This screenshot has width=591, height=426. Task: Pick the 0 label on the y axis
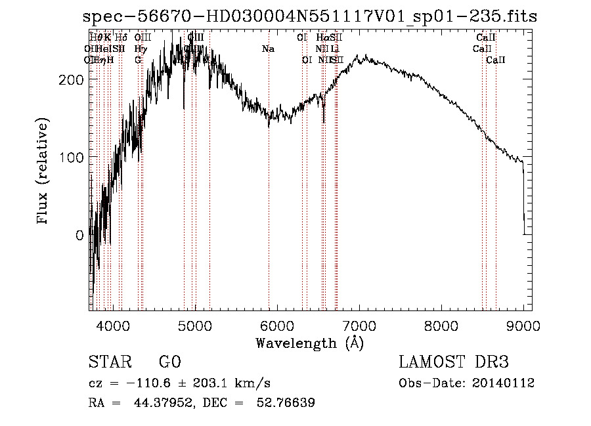[x=79, y=234]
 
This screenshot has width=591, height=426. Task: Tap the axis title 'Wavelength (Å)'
[x=309, y=343]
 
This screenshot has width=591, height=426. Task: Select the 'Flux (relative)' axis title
[x=44, y=172]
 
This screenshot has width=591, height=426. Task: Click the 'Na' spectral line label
[x=268, y=49]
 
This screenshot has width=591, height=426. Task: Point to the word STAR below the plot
[x=109, y=362]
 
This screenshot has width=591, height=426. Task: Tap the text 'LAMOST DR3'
[x=454, y=362]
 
